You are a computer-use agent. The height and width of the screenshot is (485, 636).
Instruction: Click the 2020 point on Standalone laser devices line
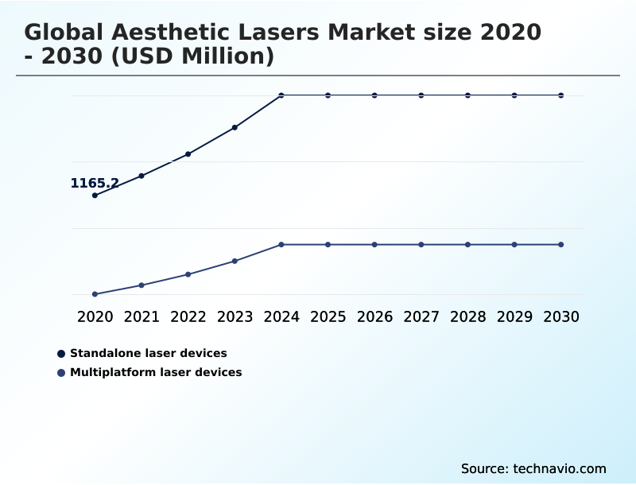point(95,195)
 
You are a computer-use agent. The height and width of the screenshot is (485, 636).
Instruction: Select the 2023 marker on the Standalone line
point(235,127)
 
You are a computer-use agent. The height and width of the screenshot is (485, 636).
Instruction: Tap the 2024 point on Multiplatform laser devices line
point(281,244)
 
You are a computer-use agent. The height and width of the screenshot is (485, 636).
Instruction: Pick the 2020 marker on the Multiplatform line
point(95,294)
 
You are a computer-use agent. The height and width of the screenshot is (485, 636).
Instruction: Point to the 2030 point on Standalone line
point(561,95)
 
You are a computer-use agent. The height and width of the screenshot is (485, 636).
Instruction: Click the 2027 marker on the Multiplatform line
point(421,244)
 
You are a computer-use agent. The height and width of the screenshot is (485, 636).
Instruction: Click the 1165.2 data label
point(95,184)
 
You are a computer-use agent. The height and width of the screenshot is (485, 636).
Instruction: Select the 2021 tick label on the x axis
point(142,316)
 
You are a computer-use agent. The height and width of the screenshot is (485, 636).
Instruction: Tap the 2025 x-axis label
point(328,316)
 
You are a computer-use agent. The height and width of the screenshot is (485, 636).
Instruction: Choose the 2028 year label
point(467,316)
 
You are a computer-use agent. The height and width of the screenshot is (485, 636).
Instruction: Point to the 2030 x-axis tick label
point(561,316)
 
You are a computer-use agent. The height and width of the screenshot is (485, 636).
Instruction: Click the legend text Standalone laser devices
point(149,353)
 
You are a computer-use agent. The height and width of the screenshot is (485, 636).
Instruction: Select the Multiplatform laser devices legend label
point(156,372)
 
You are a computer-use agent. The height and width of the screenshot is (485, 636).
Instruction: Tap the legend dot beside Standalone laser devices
point(61,353)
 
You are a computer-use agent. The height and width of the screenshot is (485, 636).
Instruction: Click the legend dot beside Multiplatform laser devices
point(61,372)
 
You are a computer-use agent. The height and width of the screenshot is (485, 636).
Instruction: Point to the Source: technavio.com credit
point(533,468)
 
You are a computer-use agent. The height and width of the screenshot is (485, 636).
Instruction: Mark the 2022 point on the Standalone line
point(188,153)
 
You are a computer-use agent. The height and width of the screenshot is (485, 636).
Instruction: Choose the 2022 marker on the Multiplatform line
point(188,274)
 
